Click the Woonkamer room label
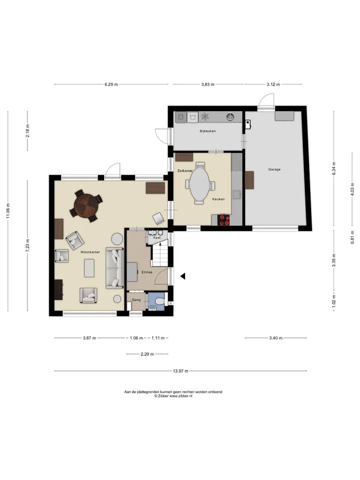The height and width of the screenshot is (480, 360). [x=90, y=252]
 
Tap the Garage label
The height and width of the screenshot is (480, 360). [x=274, y=169]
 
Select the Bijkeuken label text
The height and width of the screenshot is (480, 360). [x=208, y=131]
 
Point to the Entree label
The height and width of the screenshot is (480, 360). [x=147, y=272]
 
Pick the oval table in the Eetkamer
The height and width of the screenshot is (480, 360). [x=200, y=184]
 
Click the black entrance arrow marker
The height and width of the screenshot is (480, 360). [x=183, y=276]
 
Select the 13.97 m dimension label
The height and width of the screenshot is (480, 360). [x=180, y=371]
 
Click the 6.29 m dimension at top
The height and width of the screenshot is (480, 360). [x=111, y=84]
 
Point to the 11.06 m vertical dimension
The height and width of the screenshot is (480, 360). [x=8, y=210]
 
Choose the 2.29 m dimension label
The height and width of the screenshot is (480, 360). [x=147, y=354]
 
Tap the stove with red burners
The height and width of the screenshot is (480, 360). [x=224, y=220]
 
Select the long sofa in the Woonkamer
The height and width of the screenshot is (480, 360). [x=115, y=268]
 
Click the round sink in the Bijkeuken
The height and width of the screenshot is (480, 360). [x=231, y=116]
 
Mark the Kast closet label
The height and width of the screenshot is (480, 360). [x=157, y=237]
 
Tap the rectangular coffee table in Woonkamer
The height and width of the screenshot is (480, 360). [x=89, y=268]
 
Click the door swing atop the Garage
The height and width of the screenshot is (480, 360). [x=265, y=101]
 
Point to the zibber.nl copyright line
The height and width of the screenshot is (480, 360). [x=173, y=396]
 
